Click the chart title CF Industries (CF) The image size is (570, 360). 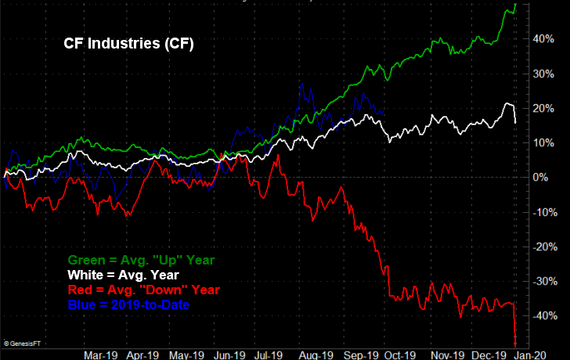click(x=128, y=45)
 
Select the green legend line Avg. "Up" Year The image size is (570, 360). click(x=141, y=260)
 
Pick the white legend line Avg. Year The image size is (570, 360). click(x=124, y=275)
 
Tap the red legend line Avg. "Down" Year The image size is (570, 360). click(x=144, y=290)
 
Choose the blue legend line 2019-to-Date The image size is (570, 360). click(x=129, y=304)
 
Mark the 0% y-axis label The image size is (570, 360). click(x=541, y=178)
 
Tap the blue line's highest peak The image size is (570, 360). click(x=301, y=82)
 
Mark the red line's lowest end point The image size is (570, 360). click(x=516, y=345)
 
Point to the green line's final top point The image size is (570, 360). click(x=515, y=4)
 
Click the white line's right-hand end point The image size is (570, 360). click(x=515, y=122)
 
